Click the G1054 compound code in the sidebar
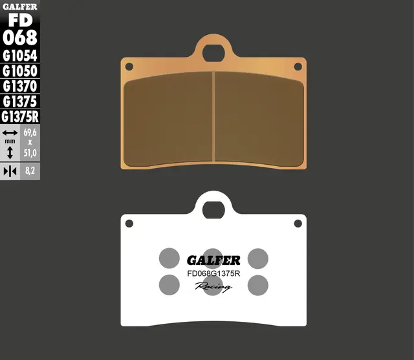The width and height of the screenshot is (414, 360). tap(20, 56)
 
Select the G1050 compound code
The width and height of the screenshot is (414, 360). tap(20, 71)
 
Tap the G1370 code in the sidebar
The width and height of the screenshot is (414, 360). tap(20, 86)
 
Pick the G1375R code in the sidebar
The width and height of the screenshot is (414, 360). tap(20, 117)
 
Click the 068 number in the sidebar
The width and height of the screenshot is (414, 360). tap(20, 37)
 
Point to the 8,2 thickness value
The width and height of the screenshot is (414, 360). tap(30, 171)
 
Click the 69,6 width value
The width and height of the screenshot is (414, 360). tap(30, 132)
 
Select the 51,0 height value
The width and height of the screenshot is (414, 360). tap(30, 153)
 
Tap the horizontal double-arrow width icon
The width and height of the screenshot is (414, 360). tap(10, 132)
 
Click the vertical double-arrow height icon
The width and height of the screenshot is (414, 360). tap(10, 153)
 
